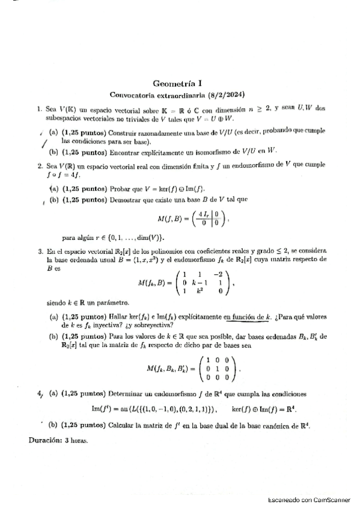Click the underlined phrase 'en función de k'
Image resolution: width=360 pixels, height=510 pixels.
point(247,315)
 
